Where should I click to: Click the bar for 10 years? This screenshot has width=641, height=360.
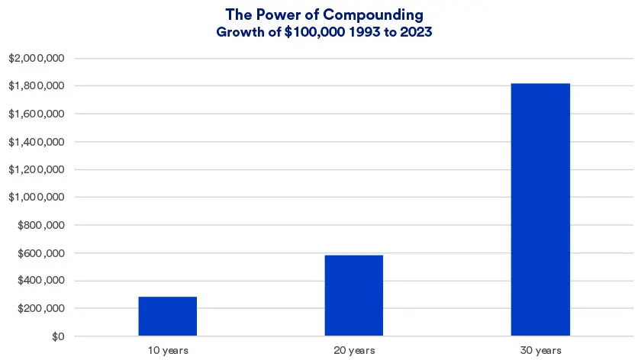[x=167, y=316]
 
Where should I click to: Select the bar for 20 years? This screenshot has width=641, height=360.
[x=353, y=295]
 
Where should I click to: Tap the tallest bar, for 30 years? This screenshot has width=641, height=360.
[x=540, y=209]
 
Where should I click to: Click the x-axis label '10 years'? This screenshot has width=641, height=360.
[x=167, y=350]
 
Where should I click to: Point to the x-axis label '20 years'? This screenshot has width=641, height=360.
[x=353, y=350]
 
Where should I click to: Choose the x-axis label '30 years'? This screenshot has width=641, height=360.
[x=540, y=350]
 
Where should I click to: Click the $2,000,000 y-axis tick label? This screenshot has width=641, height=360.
[x=37, y=58]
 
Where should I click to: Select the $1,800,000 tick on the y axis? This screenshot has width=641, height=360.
[x=37, y=86]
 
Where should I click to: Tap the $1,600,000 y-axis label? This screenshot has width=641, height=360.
[x=37, y=114]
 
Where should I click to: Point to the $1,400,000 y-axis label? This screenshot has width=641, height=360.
[x=37, y=142]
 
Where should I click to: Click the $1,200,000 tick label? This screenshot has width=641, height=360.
[x=37, y=169]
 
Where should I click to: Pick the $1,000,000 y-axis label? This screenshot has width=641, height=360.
[x=37, y=198]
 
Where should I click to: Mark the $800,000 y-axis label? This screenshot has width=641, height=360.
[x=41, y=225]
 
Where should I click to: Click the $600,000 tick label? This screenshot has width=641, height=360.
[x=41, y=253]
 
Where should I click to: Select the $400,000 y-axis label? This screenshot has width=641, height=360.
[x=41, y=281]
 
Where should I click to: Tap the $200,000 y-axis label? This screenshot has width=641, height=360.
[x=41, y=309]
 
